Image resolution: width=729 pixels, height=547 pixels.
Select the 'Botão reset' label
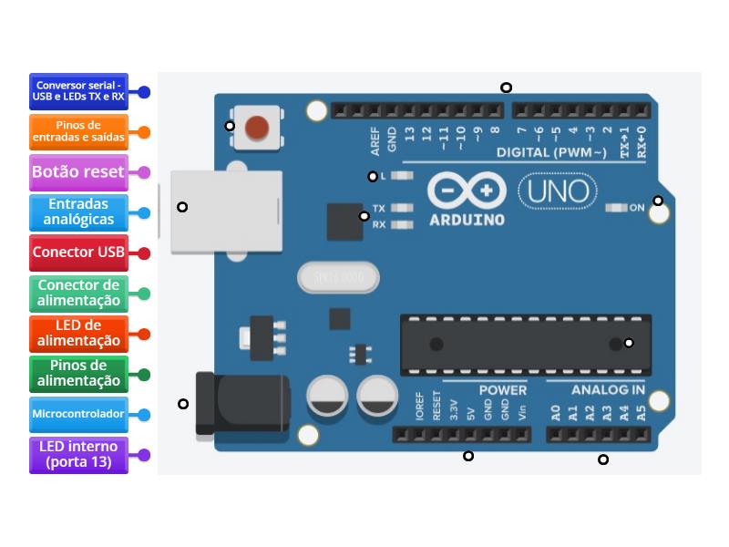(x=78, y=171)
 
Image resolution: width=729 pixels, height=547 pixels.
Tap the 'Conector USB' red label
(x=78, y=253)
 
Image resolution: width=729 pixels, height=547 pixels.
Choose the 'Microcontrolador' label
(x=78, y=414)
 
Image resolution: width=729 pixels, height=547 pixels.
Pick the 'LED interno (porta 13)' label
(x=78, y=454)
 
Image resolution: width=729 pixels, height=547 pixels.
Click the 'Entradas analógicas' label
(x=78, y=212)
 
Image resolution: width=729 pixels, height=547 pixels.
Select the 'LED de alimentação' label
(x=78, y=333)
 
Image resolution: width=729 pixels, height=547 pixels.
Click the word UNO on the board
(x=558, y=191)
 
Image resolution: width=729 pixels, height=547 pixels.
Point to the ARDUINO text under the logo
(x=467, y=220)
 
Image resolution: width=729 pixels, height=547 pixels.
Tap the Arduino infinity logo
(x=467, y=191)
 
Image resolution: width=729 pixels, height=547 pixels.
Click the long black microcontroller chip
(x=526, y=344)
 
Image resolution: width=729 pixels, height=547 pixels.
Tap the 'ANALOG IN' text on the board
(x=608, y=389)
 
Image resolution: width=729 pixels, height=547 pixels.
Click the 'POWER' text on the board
(x=503, y=389)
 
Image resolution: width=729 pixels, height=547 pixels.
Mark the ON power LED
(x=617, y=208)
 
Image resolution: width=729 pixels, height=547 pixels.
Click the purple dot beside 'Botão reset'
(x=144, y=171)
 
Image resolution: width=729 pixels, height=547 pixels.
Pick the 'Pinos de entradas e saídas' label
(x=78, y=131)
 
